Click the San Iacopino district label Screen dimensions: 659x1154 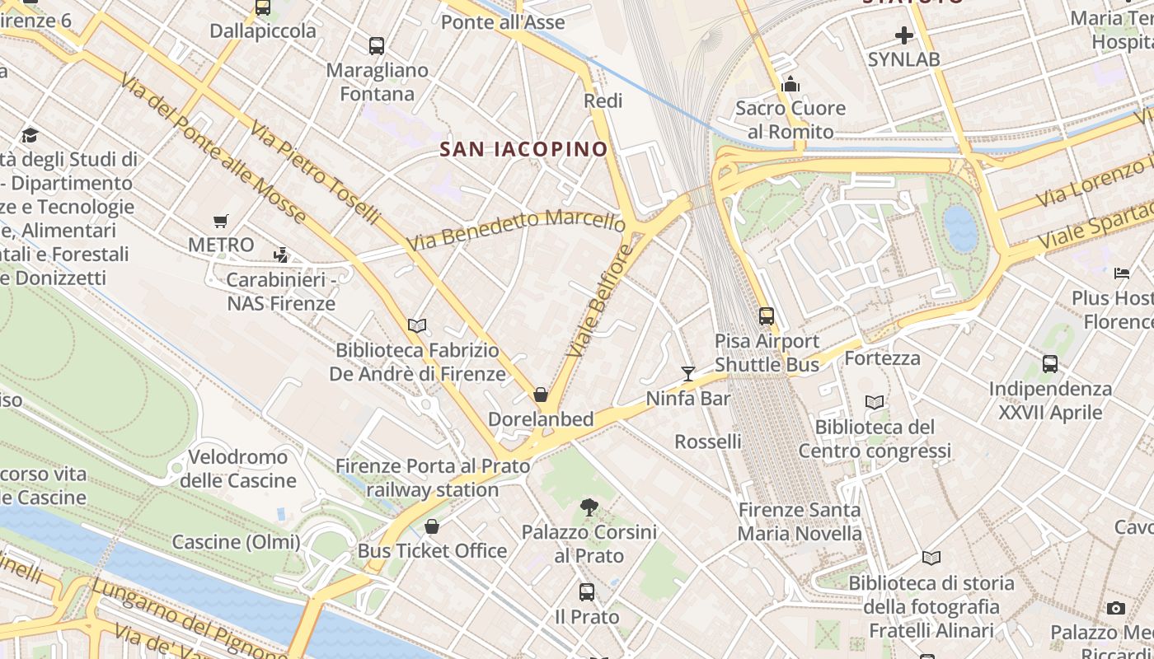tap(523, 149)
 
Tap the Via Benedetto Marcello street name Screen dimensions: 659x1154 tap(516, 230)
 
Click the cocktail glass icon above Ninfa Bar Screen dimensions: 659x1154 tap(688, 374)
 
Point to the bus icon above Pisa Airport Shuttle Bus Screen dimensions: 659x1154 tap(767, 315)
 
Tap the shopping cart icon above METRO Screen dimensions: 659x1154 tap(220, 221)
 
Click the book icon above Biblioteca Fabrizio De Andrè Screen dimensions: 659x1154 tap(417, 325)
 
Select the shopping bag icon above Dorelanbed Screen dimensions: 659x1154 tap(541, 395)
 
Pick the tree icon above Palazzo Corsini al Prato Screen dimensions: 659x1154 tap(589, 507)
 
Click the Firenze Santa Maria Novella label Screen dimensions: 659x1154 tap(800, 521)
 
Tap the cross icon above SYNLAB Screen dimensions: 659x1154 tap(903, 35)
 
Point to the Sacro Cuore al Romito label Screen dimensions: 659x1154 tap(790, 119)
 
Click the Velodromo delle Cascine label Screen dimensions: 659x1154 tap(238, 469)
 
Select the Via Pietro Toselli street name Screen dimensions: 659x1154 tap(316, 173)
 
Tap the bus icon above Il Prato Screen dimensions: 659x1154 tap(587, 591)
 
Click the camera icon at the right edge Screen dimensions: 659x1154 tap(1116, 608)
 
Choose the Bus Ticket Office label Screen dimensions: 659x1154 tap(433, 550)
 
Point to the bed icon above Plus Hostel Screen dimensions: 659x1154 tap(1122, 273)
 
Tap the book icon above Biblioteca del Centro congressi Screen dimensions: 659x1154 tap(875, 402)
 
